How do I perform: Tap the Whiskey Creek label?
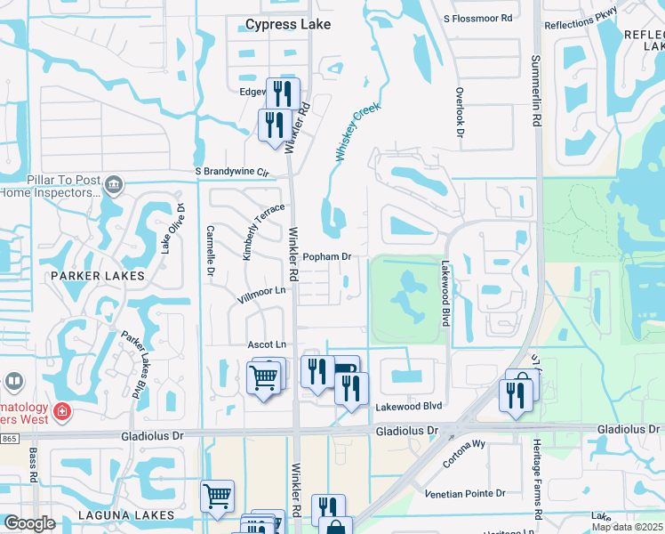pos(357,132)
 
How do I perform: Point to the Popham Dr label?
pos(328,256)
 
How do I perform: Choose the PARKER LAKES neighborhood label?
pos(97,276)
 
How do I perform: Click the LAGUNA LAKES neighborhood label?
pos(101,515)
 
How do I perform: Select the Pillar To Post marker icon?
pos(113,185)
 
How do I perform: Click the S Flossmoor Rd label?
pos(478,18)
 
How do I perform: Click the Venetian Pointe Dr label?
pos(465,493)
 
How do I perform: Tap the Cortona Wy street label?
pos(466,453)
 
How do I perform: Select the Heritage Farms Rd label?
pos(537,479)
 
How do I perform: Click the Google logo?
pos(30,523)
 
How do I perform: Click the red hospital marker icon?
pos(61,411)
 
